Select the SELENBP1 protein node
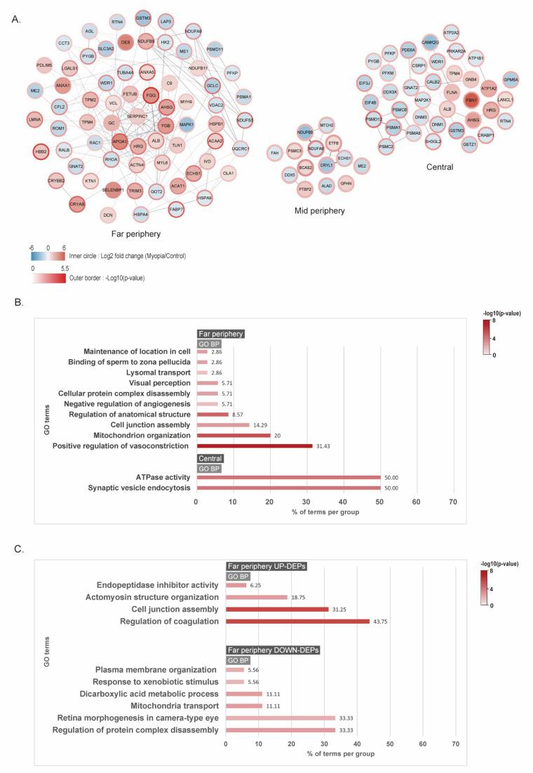pyautogui.click(x=114, y=189)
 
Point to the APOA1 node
pyautogui.click(x=119, y=139)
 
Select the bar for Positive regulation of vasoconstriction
pyautogui.click(x=254, y=445)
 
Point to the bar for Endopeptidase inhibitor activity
pyautogui.click(x=236, y=585)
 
